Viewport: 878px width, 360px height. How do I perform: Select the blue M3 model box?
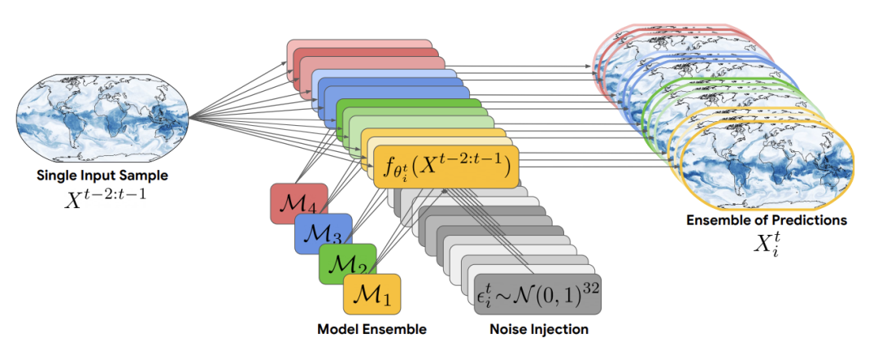[323, 234]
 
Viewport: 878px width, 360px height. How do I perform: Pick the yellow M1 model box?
[372, 294]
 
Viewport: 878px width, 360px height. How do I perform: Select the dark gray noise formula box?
[537, 294]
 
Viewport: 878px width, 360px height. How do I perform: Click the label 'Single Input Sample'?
[102, 176]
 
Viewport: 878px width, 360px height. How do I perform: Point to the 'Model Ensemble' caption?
[372, 329]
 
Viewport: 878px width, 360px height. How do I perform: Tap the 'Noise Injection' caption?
[537, 329]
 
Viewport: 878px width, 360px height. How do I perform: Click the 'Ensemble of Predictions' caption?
[767, 220]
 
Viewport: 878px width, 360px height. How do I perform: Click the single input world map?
[102, 117]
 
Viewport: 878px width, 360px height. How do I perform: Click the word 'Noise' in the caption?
[505, 329]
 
